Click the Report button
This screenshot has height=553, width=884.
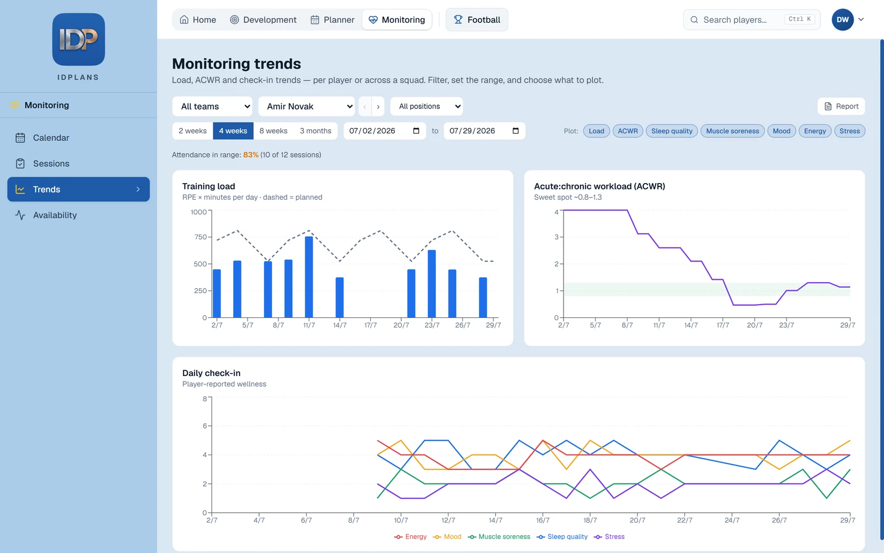click(x=841, y=106)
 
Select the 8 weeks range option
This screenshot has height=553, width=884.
click(x=273, y=131)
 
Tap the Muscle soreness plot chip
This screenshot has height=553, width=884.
click(x=732, y=131)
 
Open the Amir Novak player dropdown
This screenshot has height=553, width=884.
click(x=307, y=106)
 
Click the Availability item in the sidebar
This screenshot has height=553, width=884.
click(x=55, y=215)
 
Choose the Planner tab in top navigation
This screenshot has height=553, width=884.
click(x=332, y=20)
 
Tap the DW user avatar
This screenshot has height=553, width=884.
click(x=843, y=20)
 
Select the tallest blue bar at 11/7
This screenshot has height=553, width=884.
click(x=309, y=277)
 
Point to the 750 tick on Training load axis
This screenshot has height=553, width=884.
click(x=201, y=237)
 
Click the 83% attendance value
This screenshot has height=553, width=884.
click(x=251, y=155)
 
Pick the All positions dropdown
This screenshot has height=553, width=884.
click(x=426, y=106)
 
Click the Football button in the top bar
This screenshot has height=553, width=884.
click(x=477, y=20)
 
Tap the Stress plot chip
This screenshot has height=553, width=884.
click(x=849, y=131)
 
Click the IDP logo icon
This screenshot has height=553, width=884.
click(x=78, y=39)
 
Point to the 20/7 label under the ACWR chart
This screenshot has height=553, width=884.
click(x=755, y=325)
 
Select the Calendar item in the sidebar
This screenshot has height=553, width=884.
click(x=51, y=138)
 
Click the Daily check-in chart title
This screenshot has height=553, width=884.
click(x=211, y=373)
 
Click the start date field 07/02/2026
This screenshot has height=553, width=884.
click(x=385, y=131)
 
